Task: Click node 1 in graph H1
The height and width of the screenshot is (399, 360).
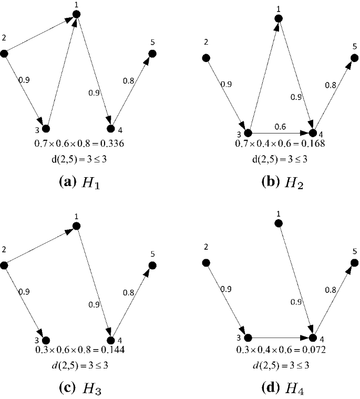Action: [76, 14]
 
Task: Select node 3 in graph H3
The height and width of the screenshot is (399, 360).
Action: [46, 340]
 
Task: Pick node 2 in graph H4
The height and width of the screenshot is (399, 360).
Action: [206, 262]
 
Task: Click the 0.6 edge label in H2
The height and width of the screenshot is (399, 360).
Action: [280, 127]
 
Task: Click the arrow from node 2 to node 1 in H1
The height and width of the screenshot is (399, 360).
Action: [40, 34]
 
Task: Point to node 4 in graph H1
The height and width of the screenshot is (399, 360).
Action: [110, 128]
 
